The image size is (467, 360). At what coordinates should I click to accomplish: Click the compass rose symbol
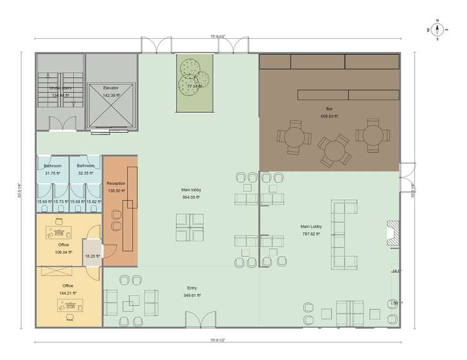coord(438,29)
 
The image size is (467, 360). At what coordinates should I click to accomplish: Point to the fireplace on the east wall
coord(393,232)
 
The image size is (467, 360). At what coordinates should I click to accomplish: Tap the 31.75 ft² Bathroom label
coord(53,169)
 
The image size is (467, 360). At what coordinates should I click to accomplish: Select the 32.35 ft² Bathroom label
coord(86,169)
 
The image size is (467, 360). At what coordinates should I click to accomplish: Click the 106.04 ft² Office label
coord(63,248)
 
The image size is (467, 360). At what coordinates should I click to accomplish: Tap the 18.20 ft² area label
coord(93,256)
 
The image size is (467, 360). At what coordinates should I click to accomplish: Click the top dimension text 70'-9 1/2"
coord(218,37)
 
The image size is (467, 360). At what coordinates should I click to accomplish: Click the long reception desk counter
coord(132,206)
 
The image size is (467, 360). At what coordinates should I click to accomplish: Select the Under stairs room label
coord(60,92)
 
